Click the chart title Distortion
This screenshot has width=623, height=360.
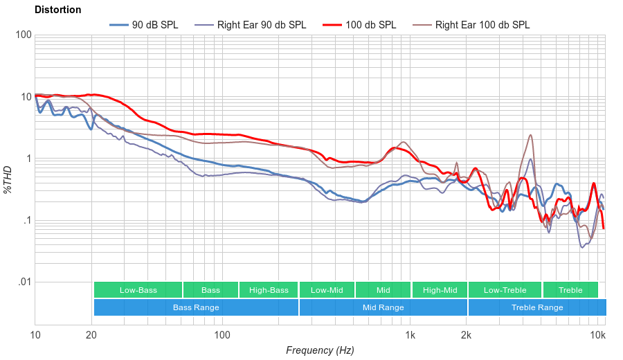[57, 10]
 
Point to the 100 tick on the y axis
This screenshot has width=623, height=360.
[23, 35]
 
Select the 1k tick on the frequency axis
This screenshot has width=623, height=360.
[410, 336]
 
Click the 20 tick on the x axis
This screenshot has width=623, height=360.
[91, 336]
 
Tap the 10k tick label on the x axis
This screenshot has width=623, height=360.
[597, 336]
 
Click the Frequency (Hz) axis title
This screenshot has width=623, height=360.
[320, 350]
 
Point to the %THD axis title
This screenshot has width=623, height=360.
[9, 179]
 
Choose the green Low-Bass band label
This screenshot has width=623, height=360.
[138, 290]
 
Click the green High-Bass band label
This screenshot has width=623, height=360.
[269, 290]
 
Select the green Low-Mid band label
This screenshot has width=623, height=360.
[327, 290]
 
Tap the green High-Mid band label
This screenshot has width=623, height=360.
[440, 290]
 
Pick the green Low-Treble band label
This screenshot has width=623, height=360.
[505, 290]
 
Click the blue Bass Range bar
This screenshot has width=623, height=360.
[196, 307]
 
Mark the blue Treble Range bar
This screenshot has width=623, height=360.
[536, 307]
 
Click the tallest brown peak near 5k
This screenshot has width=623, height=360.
[531, 135]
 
